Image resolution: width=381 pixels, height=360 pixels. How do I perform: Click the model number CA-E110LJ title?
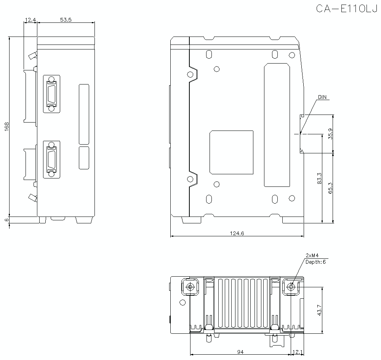(346, 8)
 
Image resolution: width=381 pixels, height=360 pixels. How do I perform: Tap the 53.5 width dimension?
(66, 19)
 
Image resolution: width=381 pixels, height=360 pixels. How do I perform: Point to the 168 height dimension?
(6, 126)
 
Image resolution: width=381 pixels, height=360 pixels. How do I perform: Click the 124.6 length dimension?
(237, 233)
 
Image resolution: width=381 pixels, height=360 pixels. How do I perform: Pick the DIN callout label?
(322, 97)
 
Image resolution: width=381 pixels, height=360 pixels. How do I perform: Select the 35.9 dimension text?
(330, 134)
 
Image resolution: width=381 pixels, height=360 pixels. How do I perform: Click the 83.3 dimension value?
(319, 178)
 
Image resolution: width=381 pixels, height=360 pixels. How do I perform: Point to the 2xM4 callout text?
(312, 255)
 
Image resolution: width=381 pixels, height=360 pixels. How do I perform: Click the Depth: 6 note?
(315, 261)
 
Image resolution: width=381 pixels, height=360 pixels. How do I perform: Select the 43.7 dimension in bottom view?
(319, 310)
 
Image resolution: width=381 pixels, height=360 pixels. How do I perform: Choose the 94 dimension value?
(240, 352)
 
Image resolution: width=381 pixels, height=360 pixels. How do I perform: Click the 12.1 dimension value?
(298, 352)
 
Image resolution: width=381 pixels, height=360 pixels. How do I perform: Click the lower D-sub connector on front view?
(51, 159)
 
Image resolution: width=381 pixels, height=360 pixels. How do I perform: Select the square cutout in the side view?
(231, 152)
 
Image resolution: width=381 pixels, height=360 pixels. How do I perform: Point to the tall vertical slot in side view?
(277, 126)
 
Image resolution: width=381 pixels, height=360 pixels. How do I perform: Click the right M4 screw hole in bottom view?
(291, 287)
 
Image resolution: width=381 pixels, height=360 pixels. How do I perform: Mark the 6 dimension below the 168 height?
(6, 220)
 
